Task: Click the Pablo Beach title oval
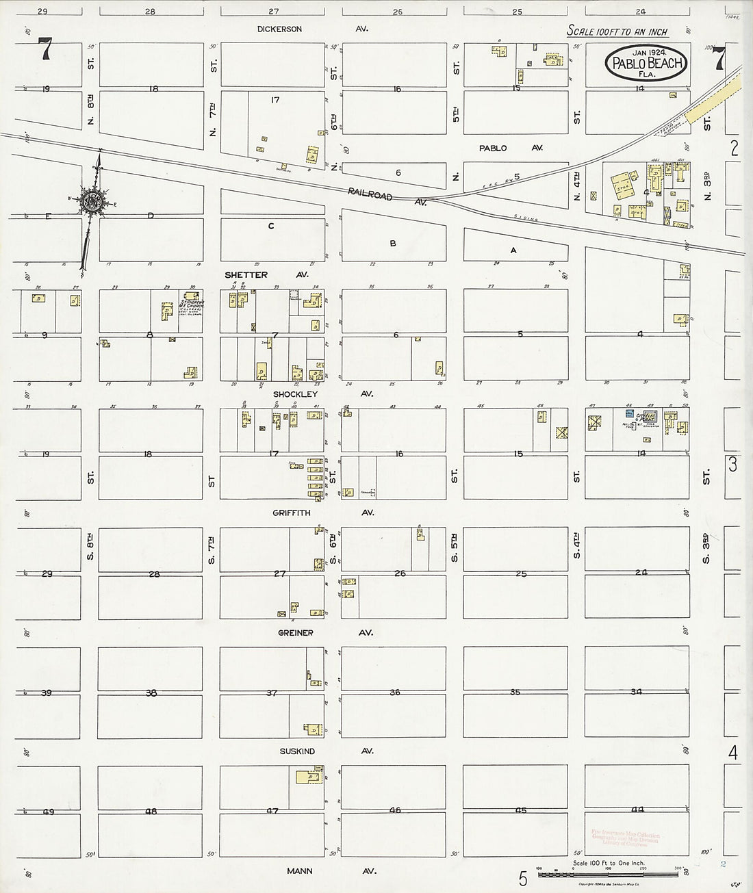[646, 64]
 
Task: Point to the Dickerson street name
[279, 29]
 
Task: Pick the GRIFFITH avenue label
[292, 513]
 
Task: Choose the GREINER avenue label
[296, 633]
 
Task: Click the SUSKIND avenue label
[296, 751]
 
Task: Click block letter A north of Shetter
[513, 250]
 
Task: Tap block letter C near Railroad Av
[271, 226]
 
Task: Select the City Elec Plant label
[646, 416]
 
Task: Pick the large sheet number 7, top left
[45, 49]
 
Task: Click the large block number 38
[151, 693]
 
